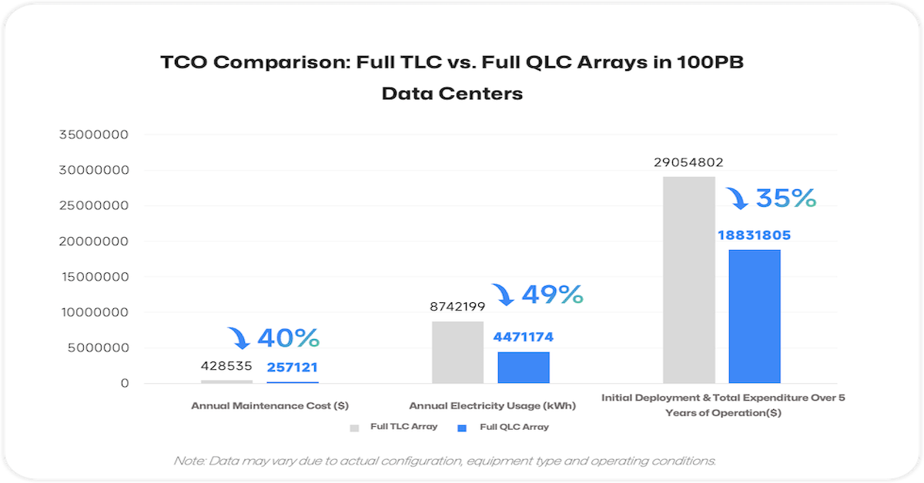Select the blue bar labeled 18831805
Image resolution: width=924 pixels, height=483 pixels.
point(755,316)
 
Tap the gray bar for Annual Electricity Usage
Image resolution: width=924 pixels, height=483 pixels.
point(457,351)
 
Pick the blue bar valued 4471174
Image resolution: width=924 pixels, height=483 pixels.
point(524,367)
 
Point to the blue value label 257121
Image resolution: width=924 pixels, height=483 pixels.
point(293,368)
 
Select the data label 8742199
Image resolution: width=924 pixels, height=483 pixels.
point(457,307)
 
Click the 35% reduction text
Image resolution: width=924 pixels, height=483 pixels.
point(785,198)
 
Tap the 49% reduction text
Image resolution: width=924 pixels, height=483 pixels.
point(552,294)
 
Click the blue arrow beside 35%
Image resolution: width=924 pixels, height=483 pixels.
point(737,199)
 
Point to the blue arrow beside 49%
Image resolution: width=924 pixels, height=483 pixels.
point(503,294)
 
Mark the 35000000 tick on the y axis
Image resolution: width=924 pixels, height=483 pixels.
point(94,135)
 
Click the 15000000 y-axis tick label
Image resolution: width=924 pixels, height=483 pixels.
point(94,277)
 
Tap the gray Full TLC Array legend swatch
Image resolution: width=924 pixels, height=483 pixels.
point(354,427)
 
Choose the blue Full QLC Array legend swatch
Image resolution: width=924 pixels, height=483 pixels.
point(462,427)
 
